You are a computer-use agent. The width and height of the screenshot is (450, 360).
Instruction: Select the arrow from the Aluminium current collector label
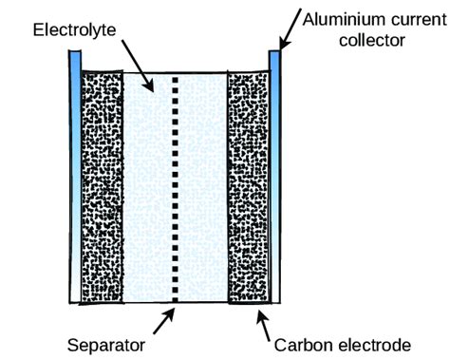[291, 33]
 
